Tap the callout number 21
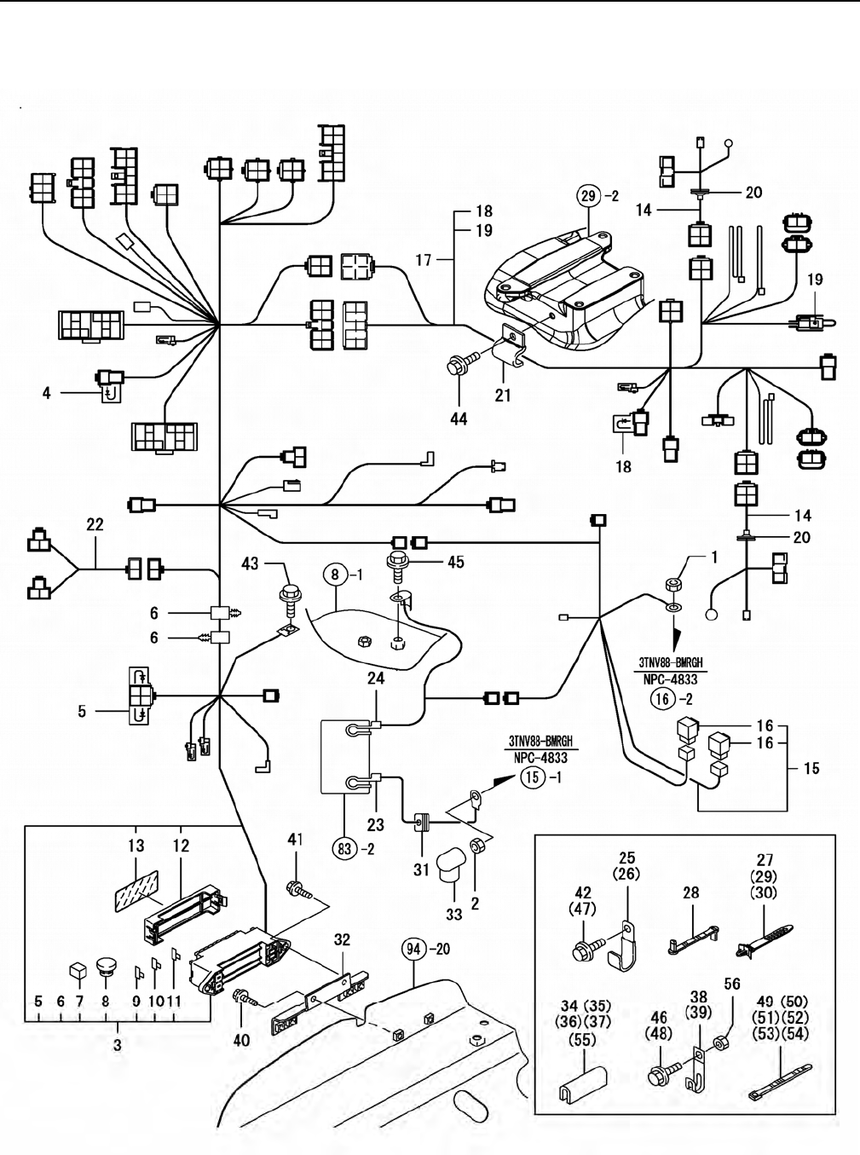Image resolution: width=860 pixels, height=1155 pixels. [503, 396]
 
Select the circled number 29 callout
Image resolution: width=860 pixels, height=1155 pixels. [589, 196]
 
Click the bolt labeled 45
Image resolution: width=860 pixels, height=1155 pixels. [398, 562]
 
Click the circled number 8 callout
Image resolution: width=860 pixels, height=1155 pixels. [336, 575]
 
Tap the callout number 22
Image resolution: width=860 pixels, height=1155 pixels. [95, 525]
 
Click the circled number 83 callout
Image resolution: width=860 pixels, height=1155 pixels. [343, 848]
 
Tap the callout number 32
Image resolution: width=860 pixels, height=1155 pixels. [342, 940]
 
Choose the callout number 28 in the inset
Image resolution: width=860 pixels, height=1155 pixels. [690, 892]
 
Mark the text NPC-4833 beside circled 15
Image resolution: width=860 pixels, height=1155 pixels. [541, 758]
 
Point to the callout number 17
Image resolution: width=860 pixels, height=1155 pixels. [424, 260]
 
